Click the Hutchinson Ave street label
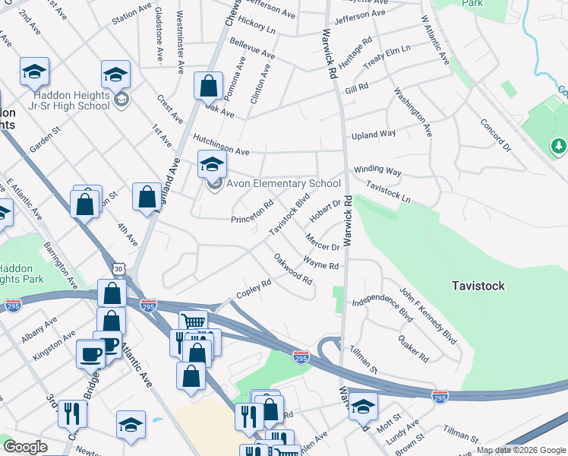221,145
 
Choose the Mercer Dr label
322,242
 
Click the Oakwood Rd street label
293,269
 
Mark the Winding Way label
377,171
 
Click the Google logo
25,447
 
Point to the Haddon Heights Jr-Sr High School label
72,100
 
